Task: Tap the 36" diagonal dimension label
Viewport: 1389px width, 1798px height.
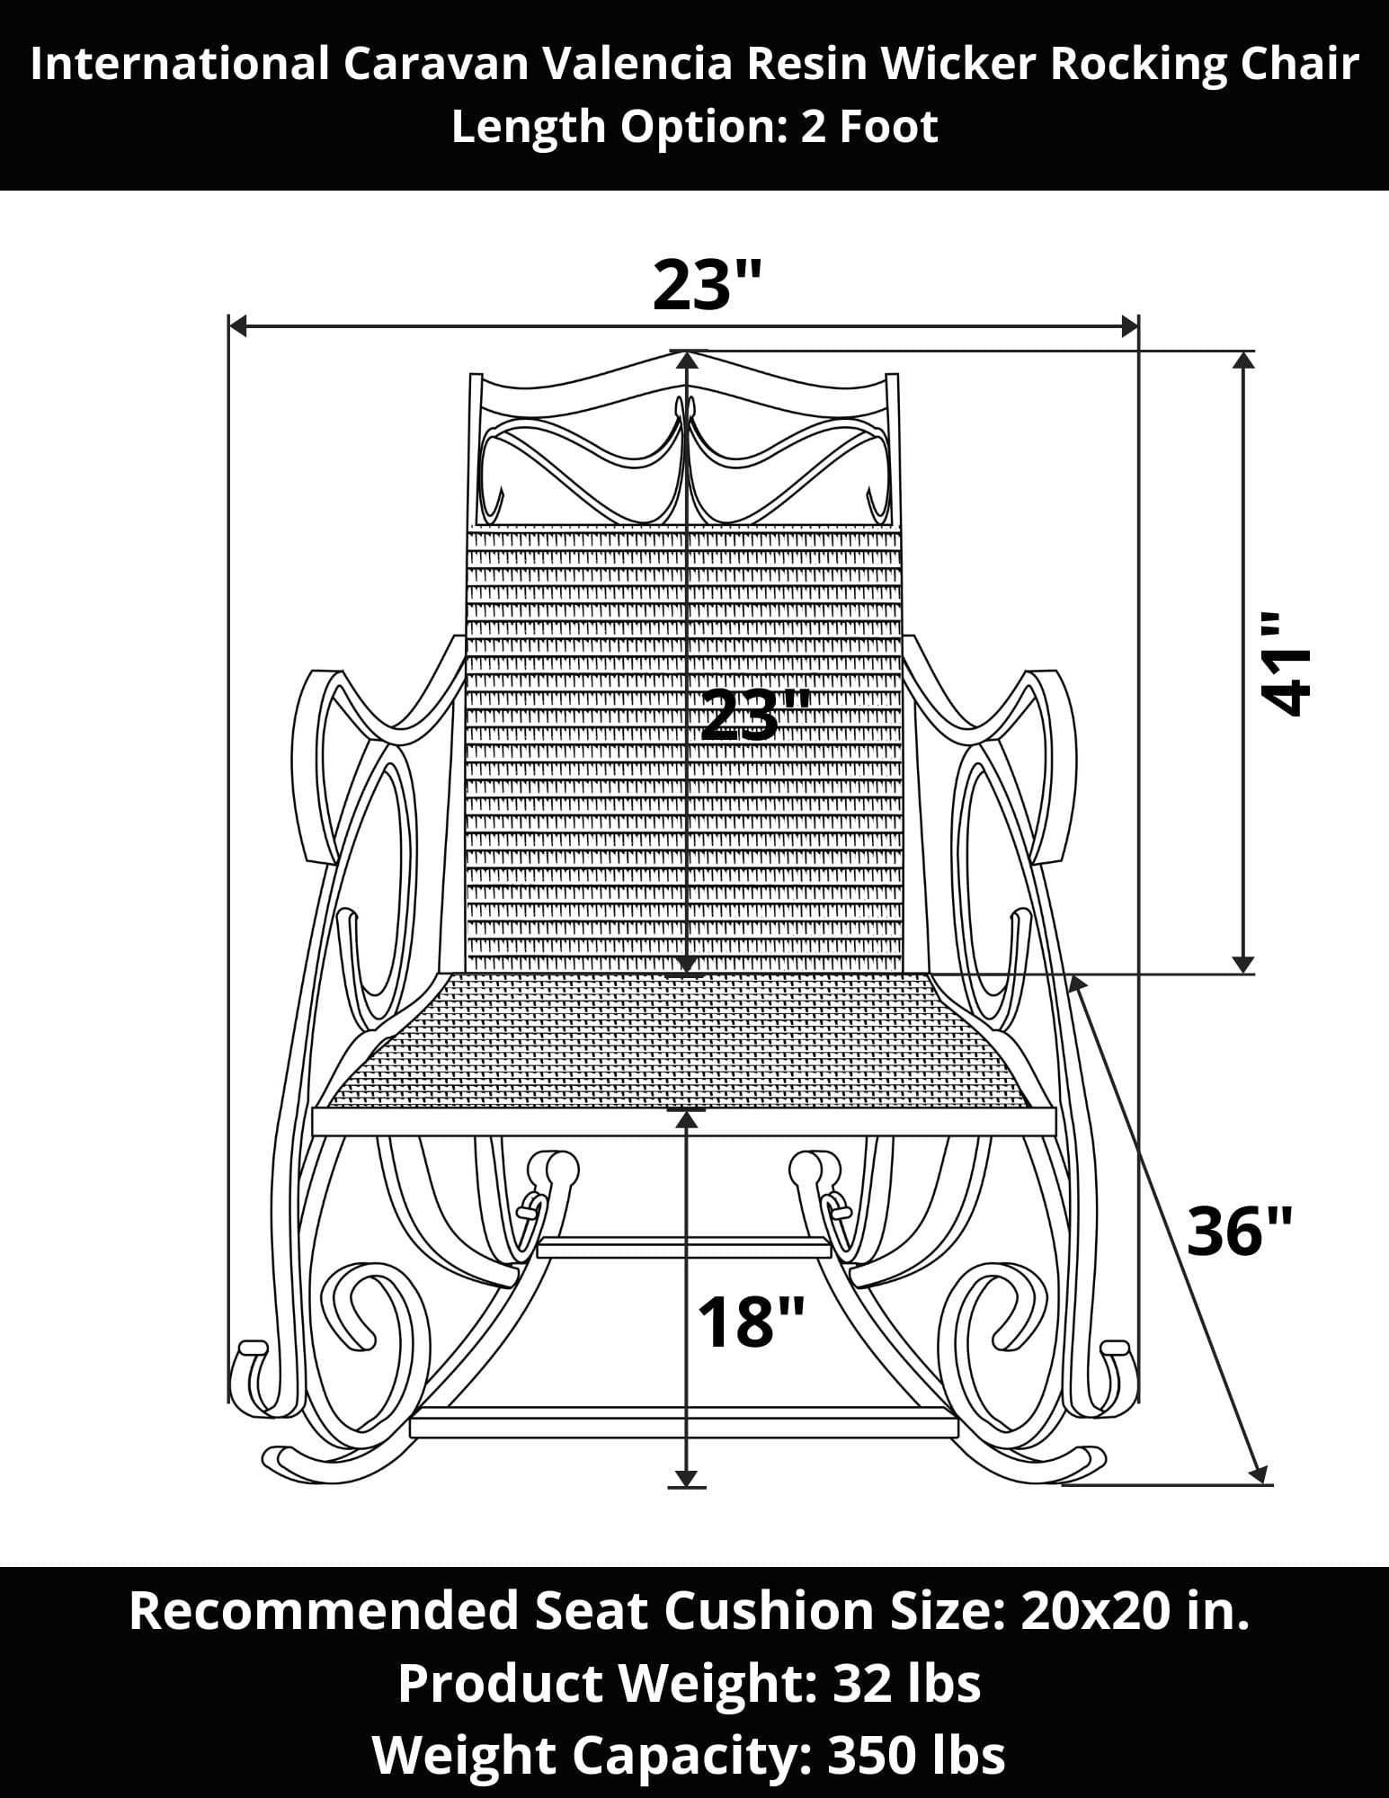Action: click(1240, 1231)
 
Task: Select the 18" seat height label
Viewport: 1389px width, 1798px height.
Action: click(750, 1322)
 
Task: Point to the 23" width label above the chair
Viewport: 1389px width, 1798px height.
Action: click(708, 285)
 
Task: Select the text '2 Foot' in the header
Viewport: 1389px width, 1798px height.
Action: click(869, 126)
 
